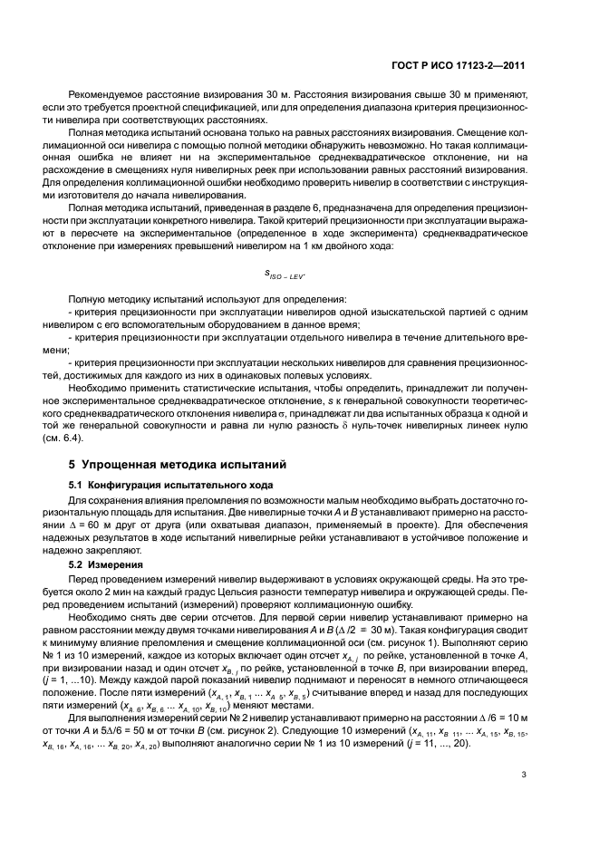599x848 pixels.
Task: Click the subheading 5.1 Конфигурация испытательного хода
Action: [160, 485]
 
